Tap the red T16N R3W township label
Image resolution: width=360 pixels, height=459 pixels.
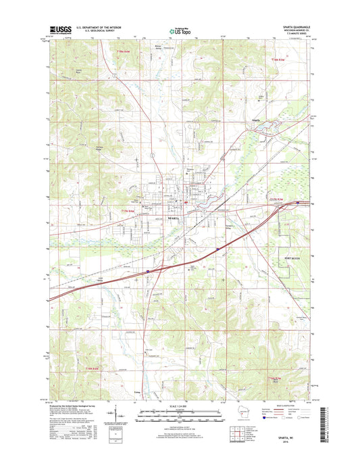[277, 379]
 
